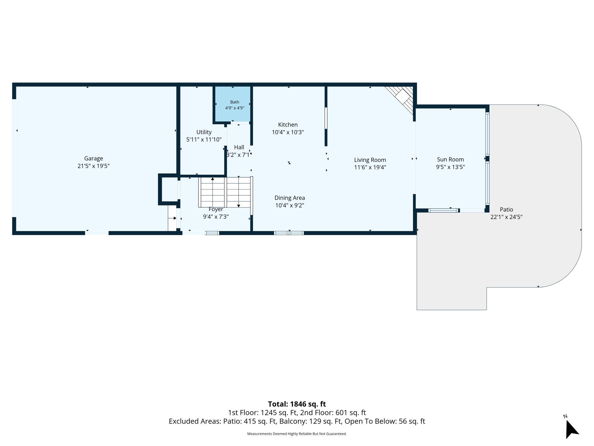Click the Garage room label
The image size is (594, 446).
point(93,158)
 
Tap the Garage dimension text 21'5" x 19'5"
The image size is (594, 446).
point(93,166)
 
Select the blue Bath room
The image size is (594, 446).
point(233,104)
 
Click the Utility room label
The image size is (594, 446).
point(204,132)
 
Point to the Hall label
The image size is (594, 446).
point(239,147)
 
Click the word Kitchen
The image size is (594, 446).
point(288,125)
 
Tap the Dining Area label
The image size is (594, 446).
point(290,198)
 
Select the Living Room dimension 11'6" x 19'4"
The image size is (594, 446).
point(370,168)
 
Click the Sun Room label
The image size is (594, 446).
point(450,160)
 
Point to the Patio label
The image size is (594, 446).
point(506,210)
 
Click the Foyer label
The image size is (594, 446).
point(216,209)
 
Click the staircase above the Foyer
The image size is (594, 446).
point(225,192)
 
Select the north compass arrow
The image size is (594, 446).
point(572,429)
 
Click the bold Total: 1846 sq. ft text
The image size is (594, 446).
point(297,404)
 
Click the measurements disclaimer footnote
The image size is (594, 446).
point(297,434)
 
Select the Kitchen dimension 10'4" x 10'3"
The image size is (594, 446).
point(288,132)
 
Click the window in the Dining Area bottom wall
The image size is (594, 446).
point(289,233)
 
